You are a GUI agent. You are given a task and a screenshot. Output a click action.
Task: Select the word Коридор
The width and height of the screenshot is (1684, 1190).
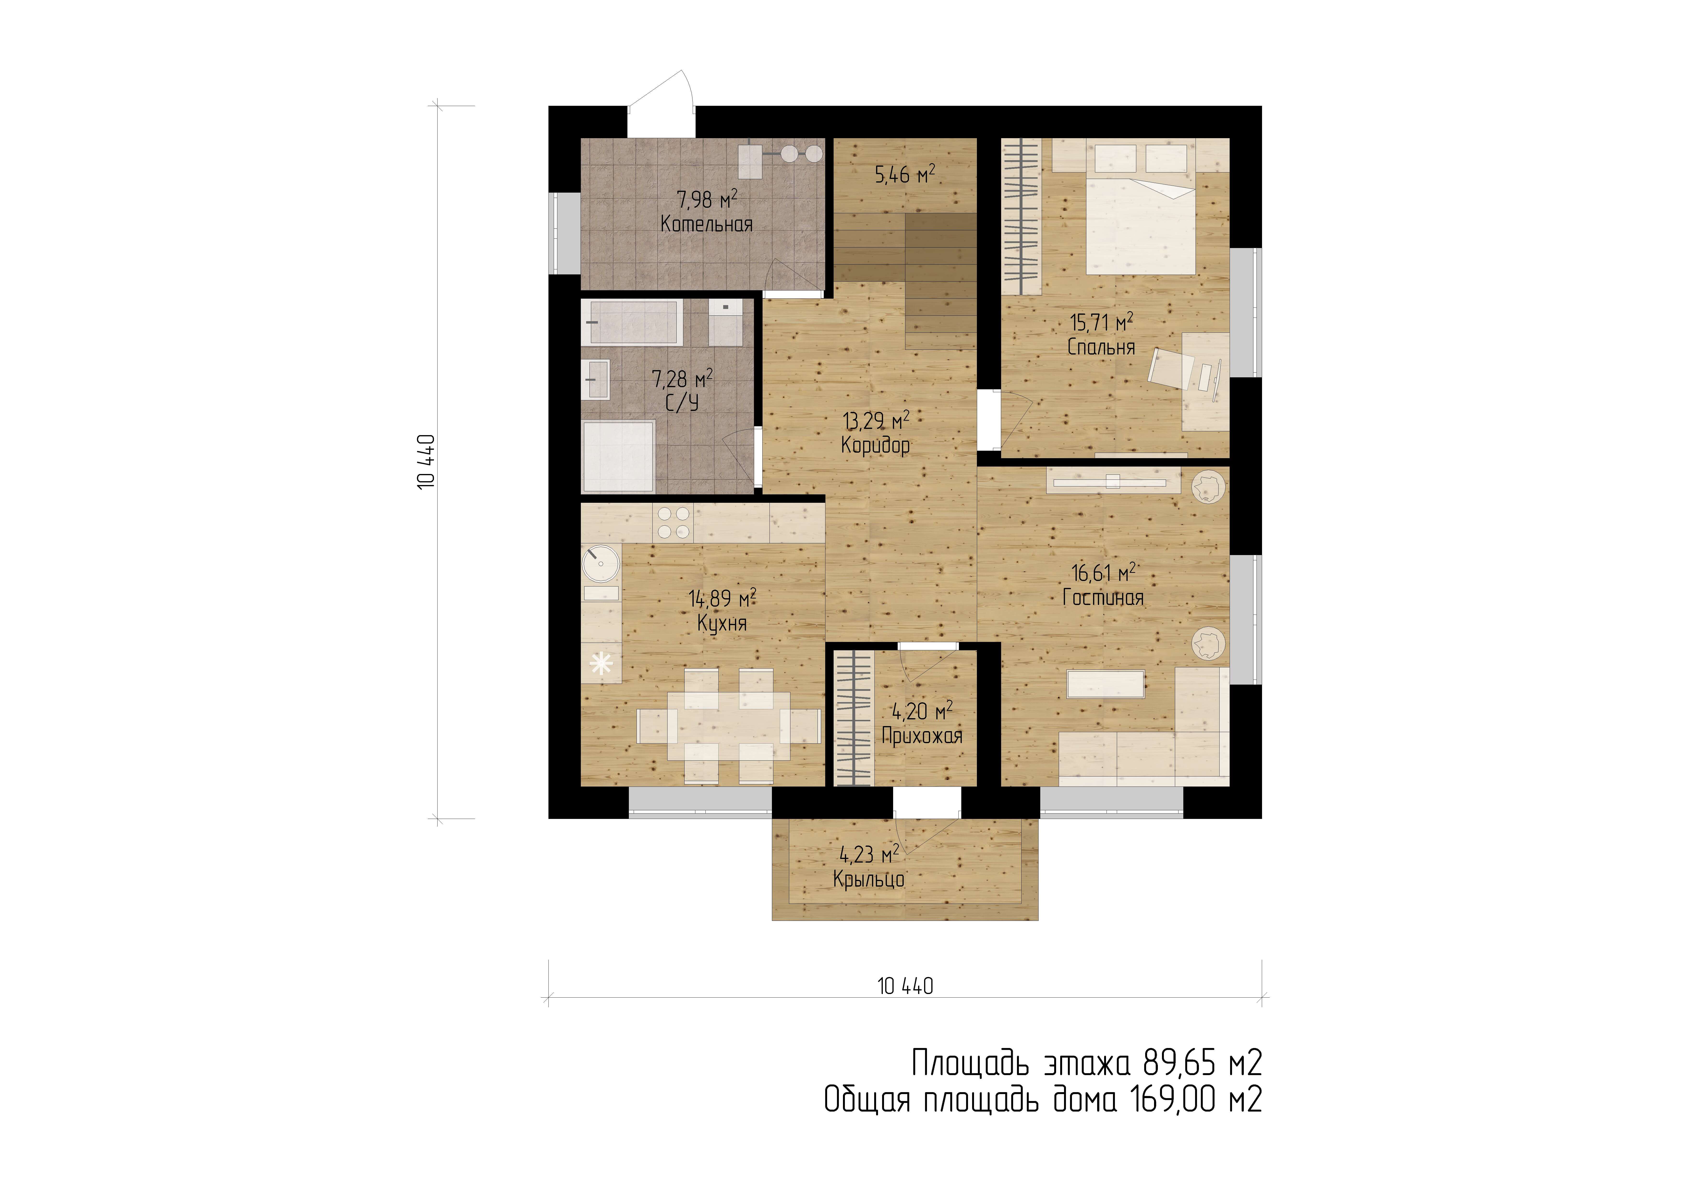876,445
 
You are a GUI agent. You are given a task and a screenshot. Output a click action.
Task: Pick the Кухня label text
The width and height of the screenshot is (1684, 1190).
722,624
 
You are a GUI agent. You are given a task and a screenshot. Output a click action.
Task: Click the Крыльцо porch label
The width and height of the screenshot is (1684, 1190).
868,879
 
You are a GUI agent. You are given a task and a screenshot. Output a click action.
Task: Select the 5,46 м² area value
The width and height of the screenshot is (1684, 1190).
905,174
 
